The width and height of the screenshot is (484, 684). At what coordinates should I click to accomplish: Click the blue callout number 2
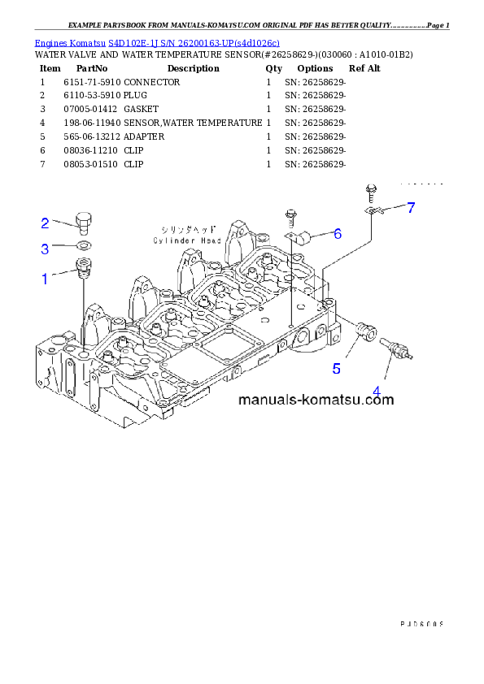coord(46,222)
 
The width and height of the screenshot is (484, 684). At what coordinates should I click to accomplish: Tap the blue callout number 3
coord(46,248)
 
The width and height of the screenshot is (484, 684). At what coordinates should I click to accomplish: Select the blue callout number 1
coord(46,279)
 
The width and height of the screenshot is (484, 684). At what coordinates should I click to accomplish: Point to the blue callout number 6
coord(337,234)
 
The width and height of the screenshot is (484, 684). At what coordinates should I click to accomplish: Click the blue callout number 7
coord(411,208)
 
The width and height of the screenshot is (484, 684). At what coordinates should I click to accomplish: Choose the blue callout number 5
coord(336,368)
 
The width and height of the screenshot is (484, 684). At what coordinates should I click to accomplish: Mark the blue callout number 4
coord(377,392)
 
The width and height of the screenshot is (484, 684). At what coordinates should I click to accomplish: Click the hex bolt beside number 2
coord(83,222)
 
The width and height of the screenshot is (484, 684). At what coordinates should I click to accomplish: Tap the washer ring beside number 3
coord(84,245)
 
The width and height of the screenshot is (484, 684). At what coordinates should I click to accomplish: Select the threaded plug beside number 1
coord(83,267)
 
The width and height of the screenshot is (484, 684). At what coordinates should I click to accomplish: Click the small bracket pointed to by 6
coord(305,237)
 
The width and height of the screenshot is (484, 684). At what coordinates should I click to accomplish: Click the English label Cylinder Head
coord(186,240)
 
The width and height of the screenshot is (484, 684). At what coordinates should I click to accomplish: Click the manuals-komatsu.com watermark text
coord(316,400)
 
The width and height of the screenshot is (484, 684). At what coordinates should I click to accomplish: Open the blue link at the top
coord(157,42)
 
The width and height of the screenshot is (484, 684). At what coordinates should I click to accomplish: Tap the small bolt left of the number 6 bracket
coord(290,218)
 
